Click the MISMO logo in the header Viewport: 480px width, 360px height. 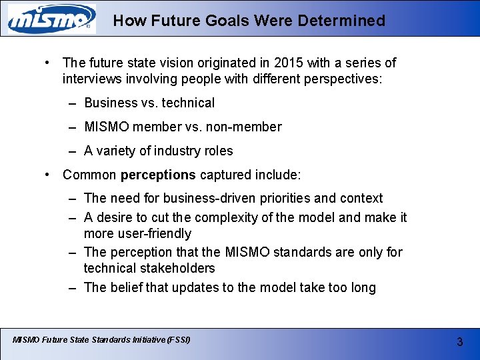[51, 19]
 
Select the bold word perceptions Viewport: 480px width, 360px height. [158, 175]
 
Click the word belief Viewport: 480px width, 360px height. [128, 288]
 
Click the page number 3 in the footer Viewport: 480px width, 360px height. [459, 342]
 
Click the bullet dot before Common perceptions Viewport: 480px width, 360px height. [48, 175]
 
